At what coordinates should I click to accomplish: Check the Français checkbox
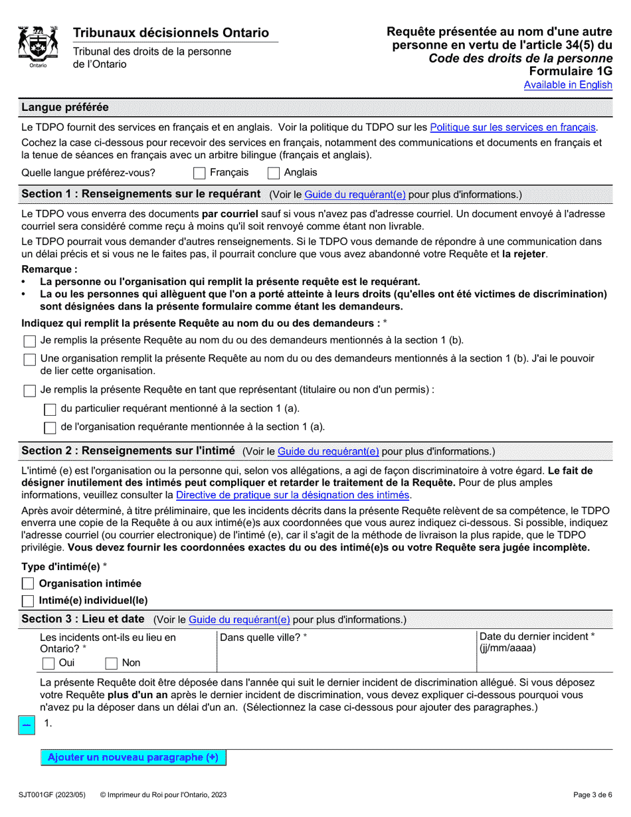pyautogui.click(x=199, y=173)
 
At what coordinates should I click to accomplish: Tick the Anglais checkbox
pyautogui.click(x=273, y=173)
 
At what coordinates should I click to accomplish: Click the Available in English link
pyautogui.click(x=567, y=85)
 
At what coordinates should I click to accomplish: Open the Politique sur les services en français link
pyautogui.click(x=513, y=128)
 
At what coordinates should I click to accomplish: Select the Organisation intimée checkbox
pyautogui.click(x=28, y=584)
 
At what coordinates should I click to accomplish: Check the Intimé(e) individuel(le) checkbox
pyautogui.click(x=28, y=600)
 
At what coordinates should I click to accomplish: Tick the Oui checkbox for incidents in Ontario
pyautogui.click(x=48, y=663)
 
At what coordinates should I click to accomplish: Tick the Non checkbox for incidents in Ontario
pyautogui.click(x=112, y=663)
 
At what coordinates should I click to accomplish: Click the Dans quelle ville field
pyautogui.click(x=345, y=658)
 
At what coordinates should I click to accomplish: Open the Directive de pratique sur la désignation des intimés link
pyautogui.click(x=292, y=496)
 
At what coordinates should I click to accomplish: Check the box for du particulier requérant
pyautogui.click(x=49, y=409)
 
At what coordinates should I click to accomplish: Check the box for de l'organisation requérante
pyautogui.click(x=49, y=427)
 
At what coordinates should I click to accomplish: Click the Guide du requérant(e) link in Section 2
pyautogui.click(x=328, y=452)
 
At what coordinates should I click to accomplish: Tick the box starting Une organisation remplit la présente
pyautogui.click(x=29, y=359)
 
